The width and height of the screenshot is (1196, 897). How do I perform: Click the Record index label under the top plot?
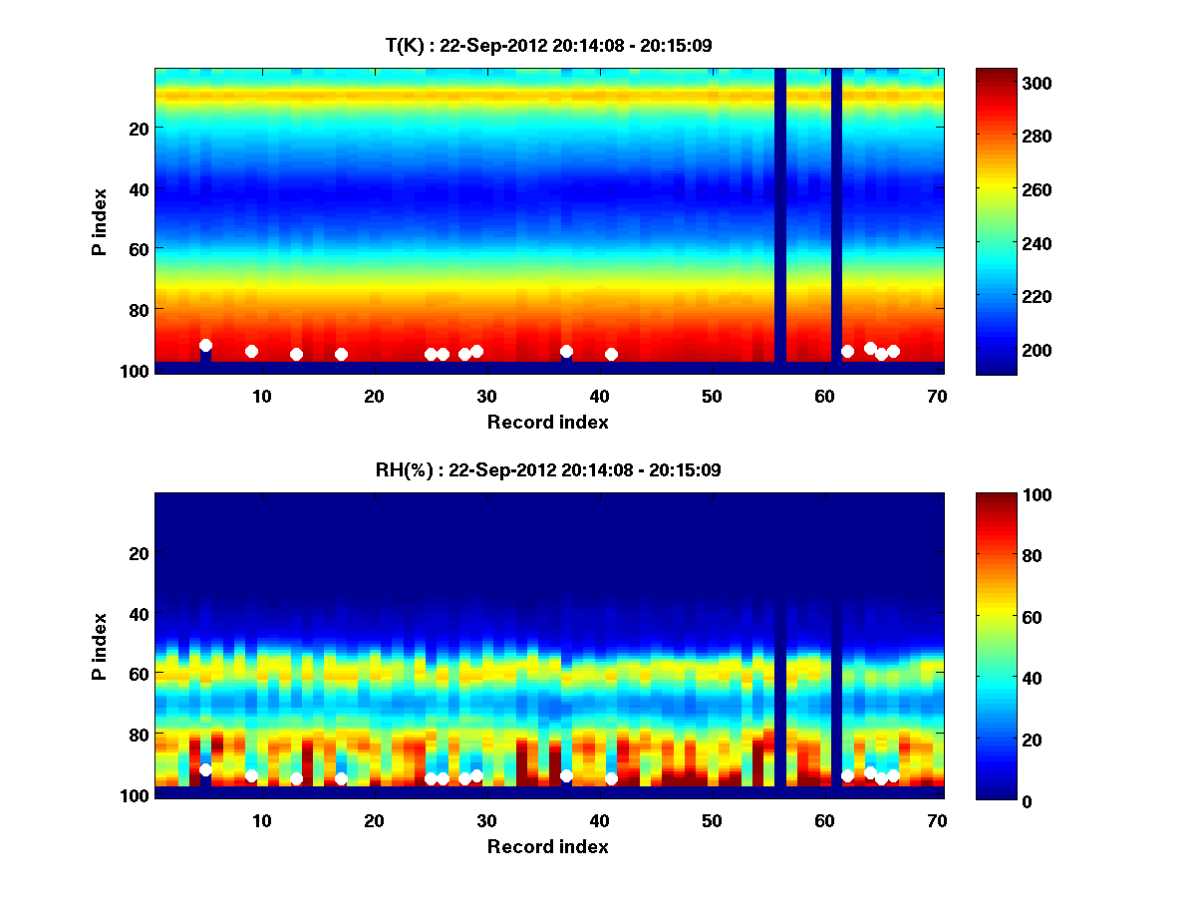click(548, 422)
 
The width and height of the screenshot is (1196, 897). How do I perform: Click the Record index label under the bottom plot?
click(548, 846)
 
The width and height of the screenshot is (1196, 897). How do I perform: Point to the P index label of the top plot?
click(100, 221)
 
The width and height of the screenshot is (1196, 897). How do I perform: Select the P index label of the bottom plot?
click(100, 646)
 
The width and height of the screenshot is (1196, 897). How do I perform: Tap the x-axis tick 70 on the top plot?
click(937, 396)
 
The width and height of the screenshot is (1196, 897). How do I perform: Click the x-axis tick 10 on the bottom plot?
click(261, 820)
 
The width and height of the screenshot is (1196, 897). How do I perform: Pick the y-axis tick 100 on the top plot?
click(136, 370)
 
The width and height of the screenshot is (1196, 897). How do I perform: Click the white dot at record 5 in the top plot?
click(205, 345)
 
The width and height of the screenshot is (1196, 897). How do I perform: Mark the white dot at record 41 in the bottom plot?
click(611, 778)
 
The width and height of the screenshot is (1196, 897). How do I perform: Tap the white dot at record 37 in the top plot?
click(566, 351)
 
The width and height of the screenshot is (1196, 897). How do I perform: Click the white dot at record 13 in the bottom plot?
click(296, 778)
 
